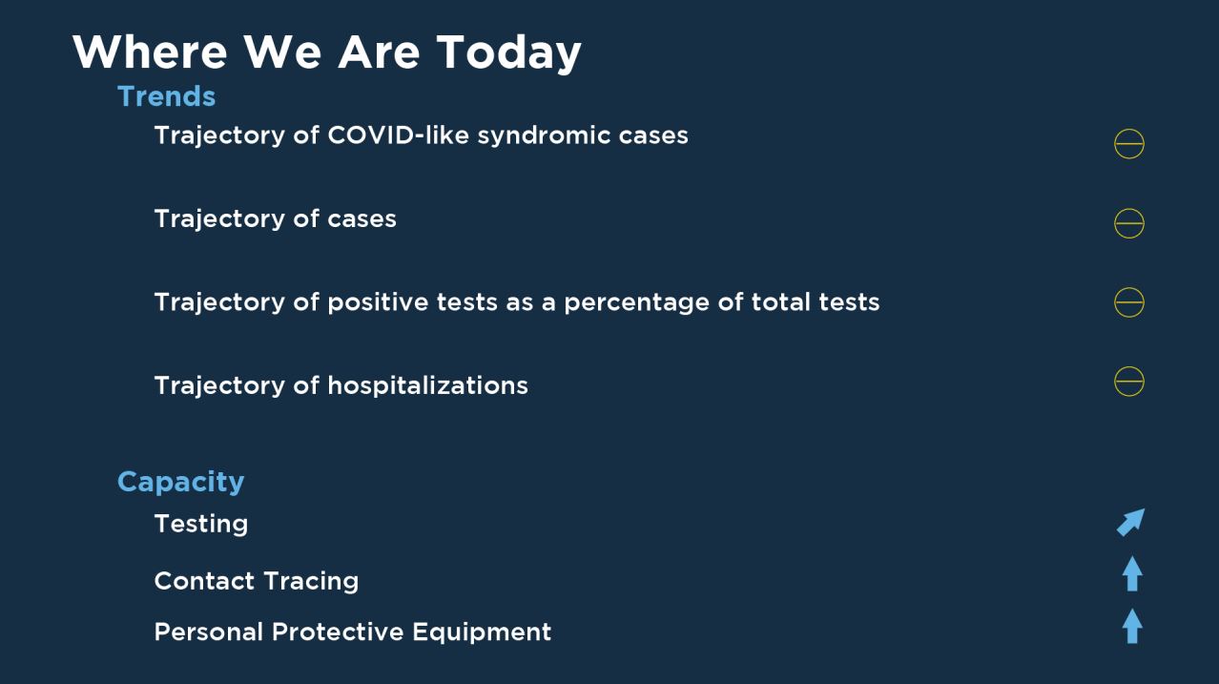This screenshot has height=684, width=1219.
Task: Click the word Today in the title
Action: coord(508,53)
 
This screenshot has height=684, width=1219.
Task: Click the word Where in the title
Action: coord(150,52)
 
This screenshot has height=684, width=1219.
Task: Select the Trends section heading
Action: coord(167,96)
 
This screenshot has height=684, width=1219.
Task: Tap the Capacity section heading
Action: coord(180,483)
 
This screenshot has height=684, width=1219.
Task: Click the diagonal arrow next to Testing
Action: coord(1131,523)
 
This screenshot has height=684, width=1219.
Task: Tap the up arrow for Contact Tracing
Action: coord(1132,573)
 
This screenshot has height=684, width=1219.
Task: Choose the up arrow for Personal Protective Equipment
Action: coord(1132,626)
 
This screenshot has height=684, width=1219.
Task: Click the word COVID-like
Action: coord(398,135)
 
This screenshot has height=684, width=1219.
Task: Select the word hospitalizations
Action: coord(427,385)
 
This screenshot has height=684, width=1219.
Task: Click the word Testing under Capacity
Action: coord(201,525)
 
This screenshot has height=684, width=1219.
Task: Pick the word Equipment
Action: coord(482,632)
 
